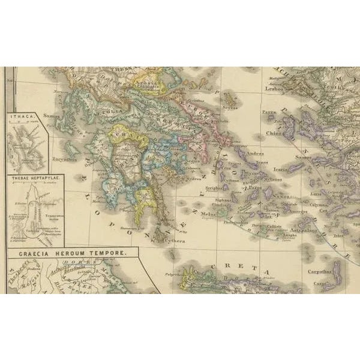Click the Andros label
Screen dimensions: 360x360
(239, 153)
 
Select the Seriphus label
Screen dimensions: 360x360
(215, 188)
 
